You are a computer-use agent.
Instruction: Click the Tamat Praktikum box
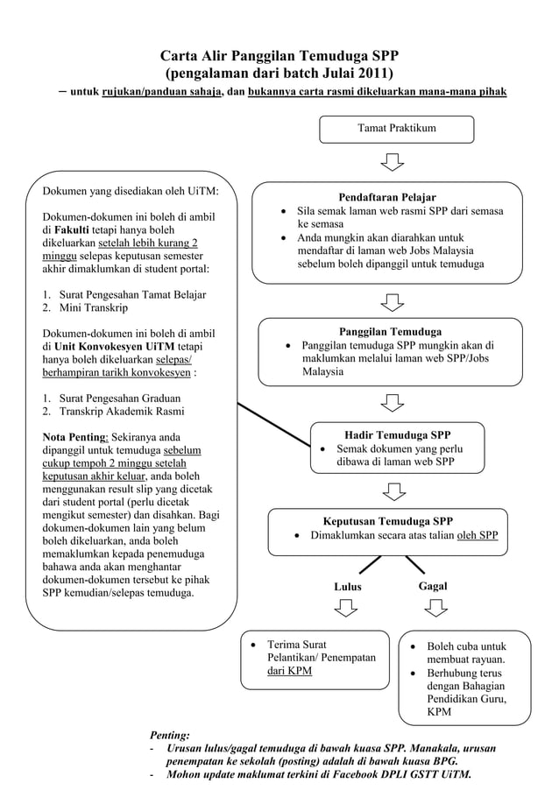pos(396,129)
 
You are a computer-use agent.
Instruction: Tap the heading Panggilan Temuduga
pos(390,332)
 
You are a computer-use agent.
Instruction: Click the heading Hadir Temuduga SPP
pos(398,434)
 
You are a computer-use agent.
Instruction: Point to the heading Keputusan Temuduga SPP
pos(388,520)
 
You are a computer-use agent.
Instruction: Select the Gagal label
pos(432,585)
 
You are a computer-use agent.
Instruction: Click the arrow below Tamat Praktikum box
pos(393,163)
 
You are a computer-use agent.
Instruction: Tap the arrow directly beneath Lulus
pos(348,608)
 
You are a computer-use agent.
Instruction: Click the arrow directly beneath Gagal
pos(433,608)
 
